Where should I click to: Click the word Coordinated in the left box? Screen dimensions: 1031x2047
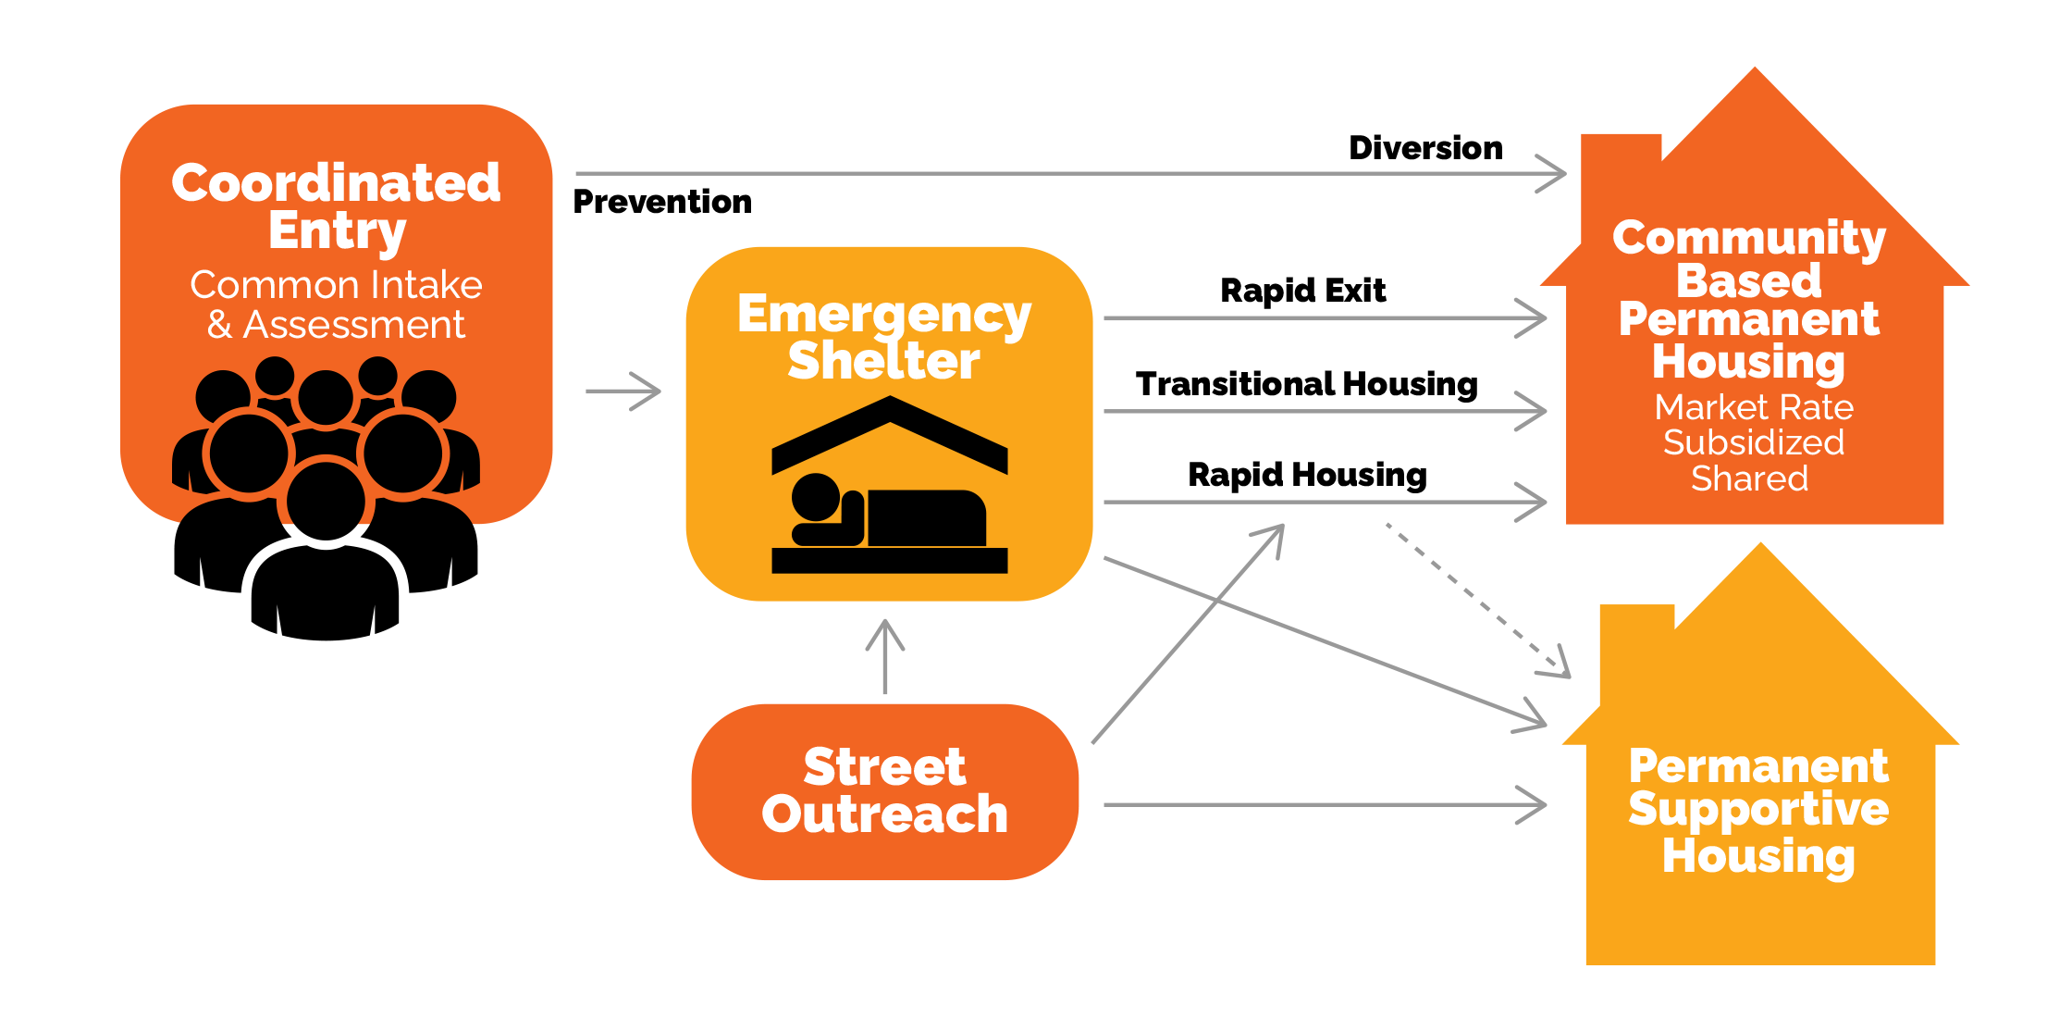click(336, 182)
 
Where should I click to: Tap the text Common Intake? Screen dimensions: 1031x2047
click(336, 285)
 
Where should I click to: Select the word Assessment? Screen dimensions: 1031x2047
click(353, 325)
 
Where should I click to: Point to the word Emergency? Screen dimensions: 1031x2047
click(884, 315)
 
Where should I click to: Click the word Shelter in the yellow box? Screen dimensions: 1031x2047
click(883, 360)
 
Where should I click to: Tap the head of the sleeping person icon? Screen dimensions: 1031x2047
click(815, 497)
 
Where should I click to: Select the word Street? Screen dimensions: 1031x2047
click(884, 766)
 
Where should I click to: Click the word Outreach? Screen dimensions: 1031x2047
click(884, 814)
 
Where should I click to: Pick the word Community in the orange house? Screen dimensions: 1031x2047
click(1749, 238)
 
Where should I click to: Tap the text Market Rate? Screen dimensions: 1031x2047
click(1754, 407)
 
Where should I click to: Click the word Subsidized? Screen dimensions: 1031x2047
click(1754, 442)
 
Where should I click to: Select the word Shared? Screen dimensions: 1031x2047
click(1749, 478)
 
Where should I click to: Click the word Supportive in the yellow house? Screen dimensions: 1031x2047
click(1758, 809)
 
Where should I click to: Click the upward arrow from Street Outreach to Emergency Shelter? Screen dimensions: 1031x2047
click(885, 657)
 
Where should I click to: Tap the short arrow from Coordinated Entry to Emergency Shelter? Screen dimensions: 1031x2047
click(623, 391)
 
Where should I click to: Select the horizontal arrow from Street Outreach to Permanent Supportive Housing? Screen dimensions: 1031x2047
click(1323, 805)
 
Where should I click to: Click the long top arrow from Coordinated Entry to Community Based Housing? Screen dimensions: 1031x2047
click(1064, 173)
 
